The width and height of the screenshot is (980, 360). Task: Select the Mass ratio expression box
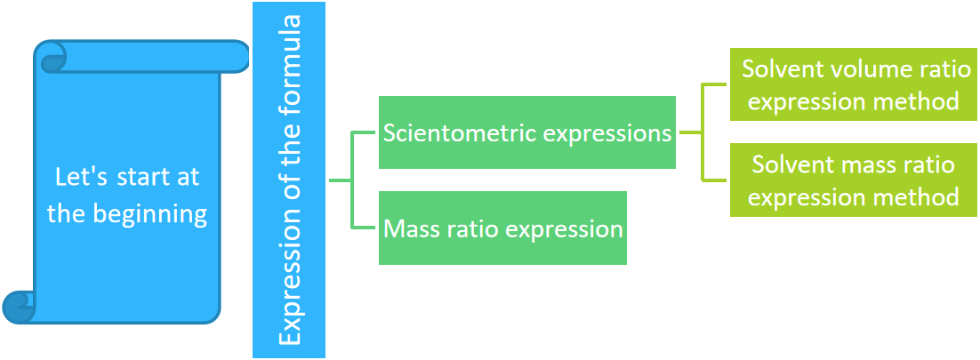tap(502, 228)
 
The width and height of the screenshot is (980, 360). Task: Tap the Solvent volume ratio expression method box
tap(853, 85)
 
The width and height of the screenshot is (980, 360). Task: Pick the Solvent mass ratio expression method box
tap(853, 180)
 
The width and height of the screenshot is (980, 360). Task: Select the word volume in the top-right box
tap(858, 69)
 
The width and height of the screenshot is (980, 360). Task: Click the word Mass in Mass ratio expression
tap(408, 228)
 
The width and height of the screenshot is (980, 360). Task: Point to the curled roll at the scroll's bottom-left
tap(19, 307)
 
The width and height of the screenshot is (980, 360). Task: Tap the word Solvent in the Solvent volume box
tap(779, 69)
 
